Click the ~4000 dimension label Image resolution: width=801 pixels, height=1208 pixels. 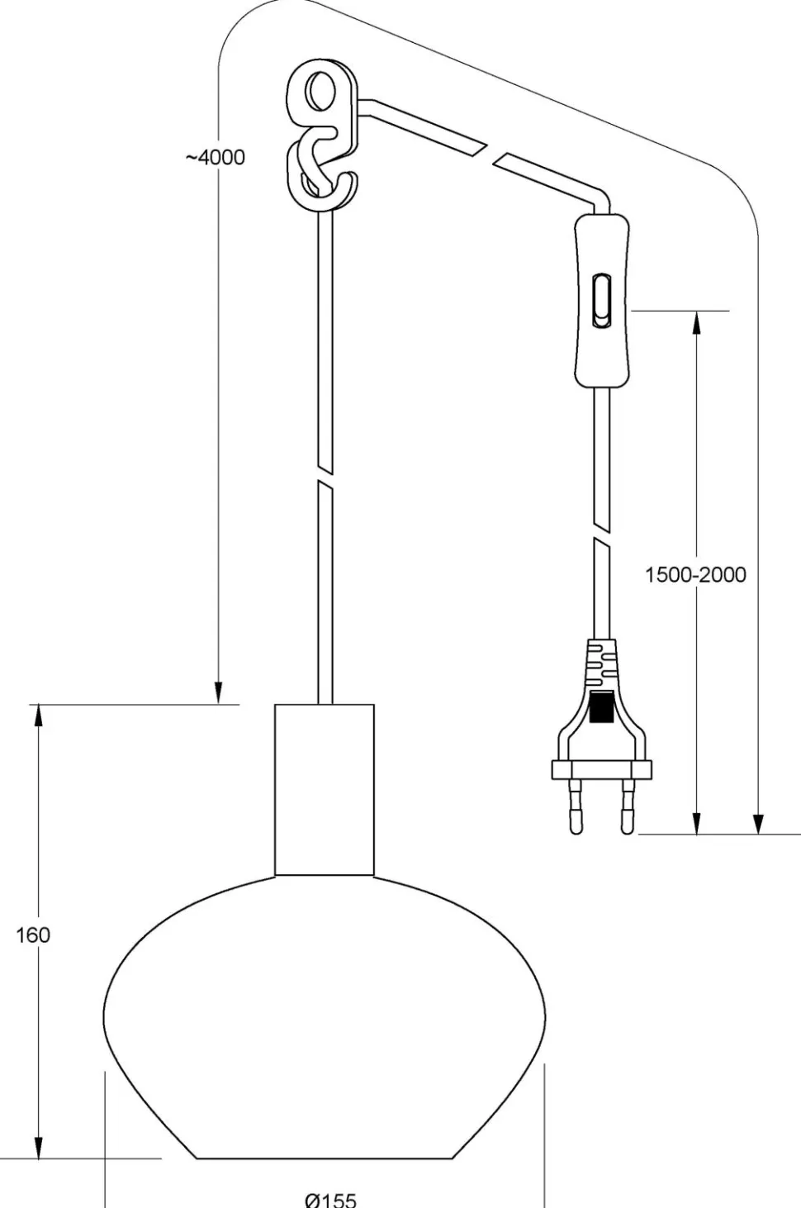coord(215,157)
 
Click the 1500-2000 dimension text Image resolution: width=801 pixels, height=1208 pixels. coord(694,575)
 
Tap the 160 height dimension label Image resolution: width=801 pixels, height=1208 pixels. coord(33,935)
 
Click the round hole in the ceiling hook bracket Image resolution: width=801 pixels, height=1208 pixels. coord(317,93)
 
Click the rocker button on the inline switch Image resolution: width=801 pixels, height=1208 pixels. coord(600,302)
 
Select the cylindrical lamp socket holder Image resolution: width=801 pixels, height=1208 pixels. coord(325,789)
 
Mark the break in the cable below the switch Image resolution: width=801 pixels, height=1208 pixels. coord(602,534)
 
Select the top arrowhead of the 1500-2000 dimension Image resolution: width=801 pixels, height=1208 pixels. coord(697,323)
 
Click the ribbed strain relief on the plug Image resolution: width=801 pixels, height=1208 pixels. coord(602,661)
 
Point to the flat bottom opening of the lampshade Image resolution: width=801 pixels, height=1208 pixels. coord(325,1158)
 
